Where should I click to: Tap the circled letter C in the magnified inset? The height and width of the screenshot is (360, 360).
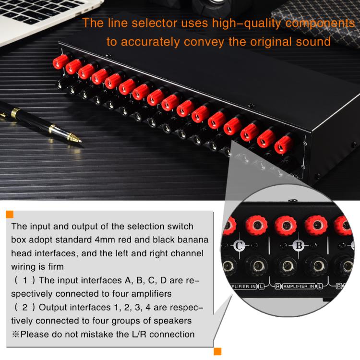tap(240, 247)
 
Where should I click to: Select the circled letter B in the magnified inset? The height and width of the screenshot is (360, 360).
tap(299, 246)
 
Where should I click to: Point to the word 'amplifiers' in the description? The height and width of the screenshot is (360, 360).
tap(147, 293)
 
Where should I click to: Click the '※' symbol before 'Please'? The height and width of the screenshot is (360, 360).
tap(15, 334)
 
